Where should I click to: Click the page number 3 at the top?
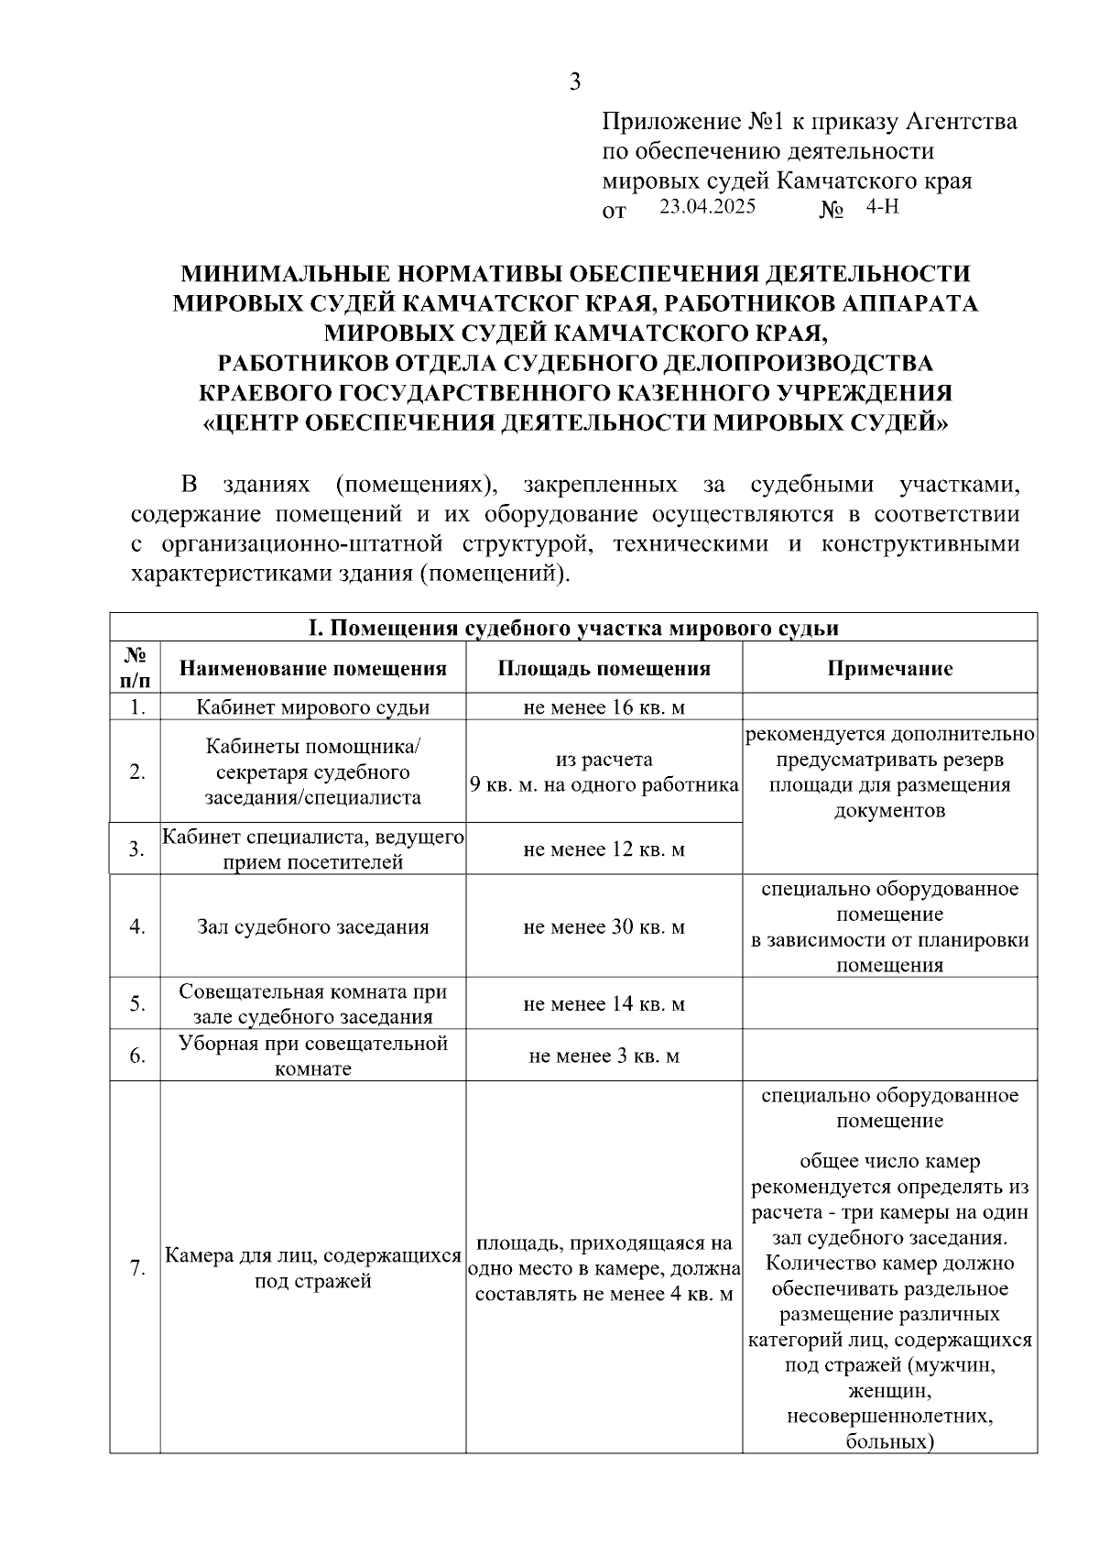[x=575, y=82]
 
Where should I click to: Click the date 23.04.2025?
[x=707, y=206]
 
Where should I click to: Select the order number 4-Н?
[x=882, y=206]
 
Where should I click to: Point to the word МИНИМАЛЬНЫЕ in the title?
[x=277, y=273]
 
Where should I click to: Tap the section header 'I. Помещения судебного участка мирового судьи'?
[x=573, y=628]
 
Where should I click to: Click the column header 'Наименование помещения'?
[x=313, y=668]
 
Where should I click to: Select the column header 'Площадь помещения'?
[x=604, y=668]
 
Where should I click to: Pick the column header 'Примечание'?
[x=889, y=668]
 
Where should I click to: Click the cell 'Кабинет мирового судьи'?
[x=313, y=707]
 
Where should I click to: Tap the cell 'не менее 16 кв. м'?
[x=604, y=707]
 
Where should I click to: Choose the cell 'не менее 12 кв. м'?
[x=604, y=849]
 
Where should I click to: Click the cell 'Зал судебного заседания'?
[x=313, y=926]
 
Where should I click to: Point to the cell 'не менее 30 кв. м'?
[x=604, y=926]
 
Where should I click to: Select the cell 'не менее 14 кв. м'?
[x=604, y=1003]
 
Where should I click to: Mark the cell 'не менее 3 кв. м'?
[x=604, y=1056]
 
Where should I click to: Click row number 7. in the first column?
[x=136, y=1268]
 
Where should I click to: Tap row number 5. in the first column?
[x=136, y=1003]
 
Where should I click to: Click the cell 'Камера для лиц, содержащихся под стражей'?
[x=313, y=1268]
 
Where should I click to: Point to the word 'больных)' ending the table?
[x=889, y=1441]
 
